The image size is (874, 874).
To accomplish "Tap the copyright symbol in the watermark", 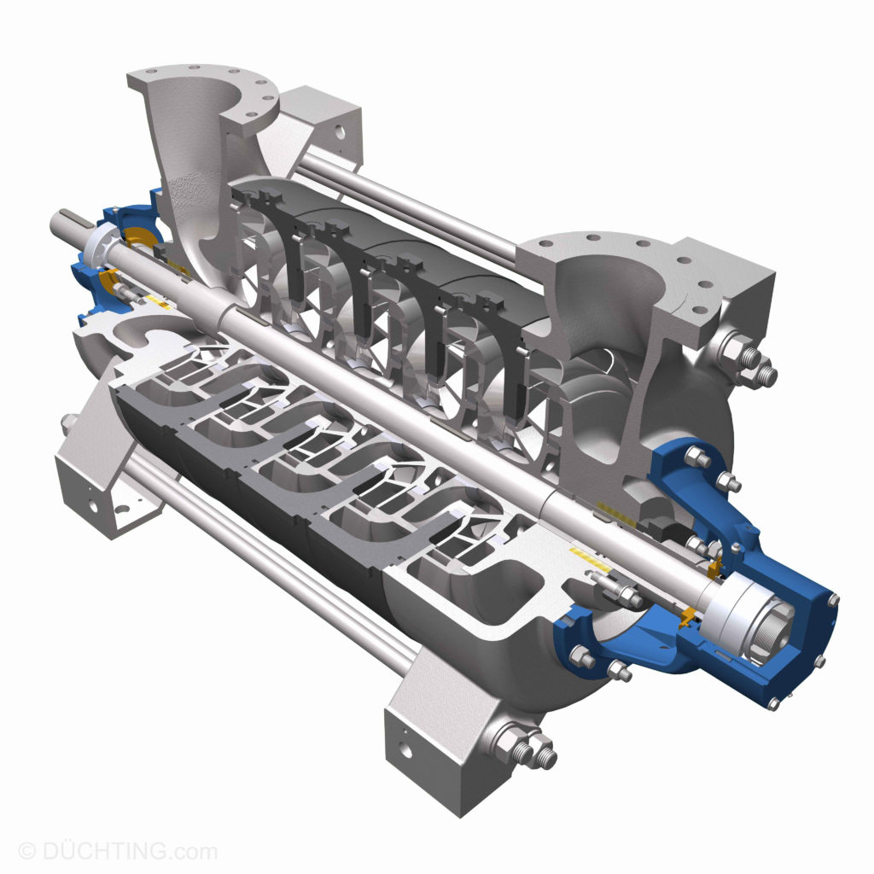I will [x=27, y=851].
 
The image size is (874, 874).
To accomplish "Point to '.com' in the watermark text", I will [x=192, y=851].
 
